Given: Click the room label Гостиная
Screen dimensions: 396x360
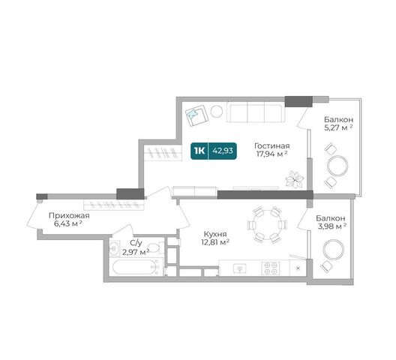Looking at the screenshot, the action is click(x=272, y=146).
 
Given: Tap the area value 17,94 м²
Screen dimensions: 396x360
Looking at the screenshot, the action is click(x=272, y=154).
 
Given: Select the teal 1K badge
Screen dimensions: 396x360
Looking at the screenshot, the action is click(x=199, y=151).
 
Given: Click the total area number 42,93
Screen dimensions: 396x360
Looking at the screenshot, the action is click(x=223, y=151).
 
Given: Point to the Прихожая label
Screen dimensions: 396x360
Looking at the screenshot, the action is click(x=69, y=216).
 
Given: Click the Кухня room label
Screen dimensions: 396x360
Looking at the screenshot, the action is click(x=215, y=234).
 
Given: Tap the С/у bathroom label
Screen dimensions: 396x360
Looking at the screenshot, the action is click(x=136, y=243).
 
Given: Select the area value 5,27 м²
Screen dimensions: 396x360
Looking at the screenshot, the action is click(x=338, y=127).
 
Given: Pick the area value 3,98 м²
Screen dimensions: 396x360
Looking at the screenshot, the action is click(x=331, y=226).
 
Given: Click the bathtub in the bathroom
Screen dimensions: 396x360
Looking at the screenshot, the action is click(x=134, y=267).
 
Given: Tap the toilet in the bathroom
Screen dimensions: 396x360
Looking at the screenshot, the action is click(x=154, y=247).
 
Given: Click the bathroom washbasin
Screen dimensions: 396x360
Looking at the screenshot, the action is click(x=115, y=247).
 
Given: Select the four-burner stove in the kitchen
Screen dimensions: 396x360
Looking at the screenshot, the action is click(x=271, y=268).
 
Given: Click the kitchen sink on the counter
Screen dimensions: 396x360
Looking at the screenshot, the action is click(x=240, y=268).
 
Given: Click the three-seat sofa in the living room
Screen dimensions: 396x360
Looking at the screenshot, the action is click(x=256, y=112).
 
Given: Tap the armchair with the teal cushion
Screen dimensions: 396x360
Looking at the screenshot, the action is click(x=196, y=115).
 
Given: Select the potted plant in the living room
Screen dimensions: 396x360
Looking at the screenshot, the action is click(x=295, y=179).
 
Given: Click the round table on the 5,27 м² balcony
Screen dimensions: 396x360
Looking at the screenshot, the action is click(x=337, y=166).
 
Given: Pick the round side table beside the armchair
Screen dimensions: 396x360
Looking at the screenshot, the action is click(x=217, y=112).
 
